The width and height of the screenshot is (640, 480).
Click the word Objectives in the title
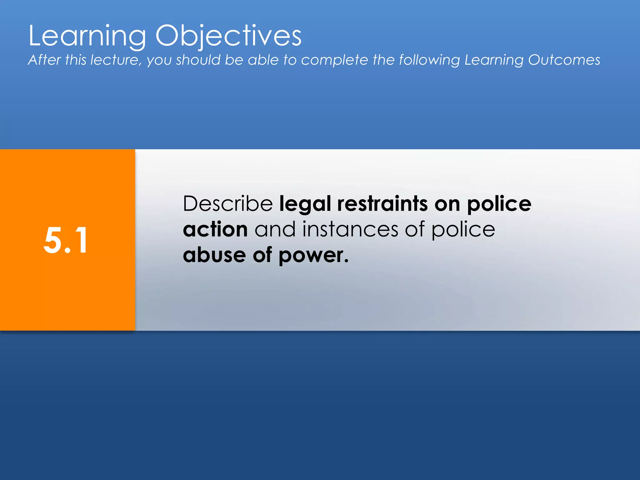(x=228, y=36)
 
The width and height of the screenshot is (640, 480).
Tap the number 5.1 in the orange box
(x=66, y=240)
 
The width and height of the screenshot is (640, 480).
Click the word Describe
(x=228, y=204)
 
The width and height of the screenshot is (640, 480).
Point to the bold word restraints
(x=382, y=204)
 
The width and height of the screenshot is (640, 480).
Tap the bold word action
(x=215, y=229)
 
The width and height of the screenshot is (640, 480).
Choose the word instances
(x=350, y=229)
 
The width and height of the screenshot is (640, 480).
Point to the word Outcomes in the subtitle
(x=564, y=60)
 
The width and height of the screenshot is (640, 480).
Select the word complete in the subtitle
(x=334, y=60)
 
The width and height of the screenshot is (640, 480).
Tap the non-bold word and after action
(x=275, y=229)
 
